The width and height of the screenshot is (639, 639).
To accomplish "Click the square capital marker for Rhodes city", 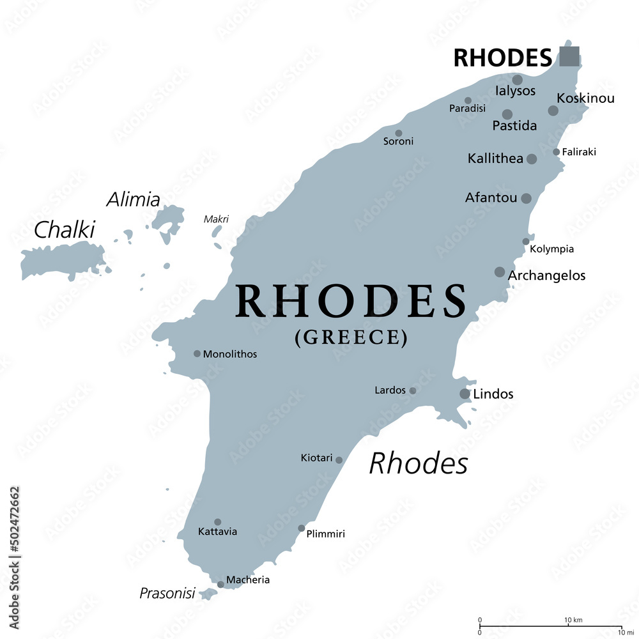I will pos(569,56).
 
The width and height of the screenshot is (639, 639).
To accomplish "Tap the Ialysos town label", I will pos(516,91).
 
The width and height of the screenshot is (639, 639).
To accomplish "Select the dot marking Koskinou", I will pos(553,111).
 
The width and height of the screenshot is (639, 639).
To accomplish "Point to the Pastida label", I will pos(514,126).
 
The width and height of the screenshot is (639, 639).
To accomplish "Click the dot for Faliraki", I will pos(557,152).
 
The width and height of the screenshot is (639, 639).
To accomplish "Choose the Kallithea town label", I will pos(495,158).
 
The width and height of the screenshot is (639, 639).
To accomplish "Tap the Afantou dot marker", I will pos(526,199).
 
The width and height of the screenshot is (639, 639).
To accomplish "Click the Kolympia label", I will pos(552,249).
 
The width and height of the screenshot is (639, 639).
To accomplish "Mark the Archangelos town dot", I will pos(500,272).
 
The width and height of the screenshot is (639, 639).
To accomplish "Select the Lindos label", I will pos(493,394).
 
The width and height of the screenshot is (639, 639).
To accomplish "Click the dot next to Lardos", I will pos(413,390).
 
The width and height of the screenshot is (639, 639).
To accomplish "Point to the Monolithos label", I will pos(230,354).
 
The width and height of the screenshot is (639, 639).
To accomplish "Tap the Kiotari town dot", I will pos(339,460).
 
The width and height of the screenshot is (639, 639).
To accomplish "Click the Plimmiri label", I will pos(325,534).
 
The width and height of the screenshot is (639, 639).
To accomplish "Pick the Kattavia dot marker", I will pos(217,522).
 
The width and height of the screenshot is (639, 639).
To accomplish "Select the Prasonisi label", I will pos(167,594).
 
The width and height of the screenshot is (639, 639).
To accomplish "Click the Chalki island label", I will pos(64,230).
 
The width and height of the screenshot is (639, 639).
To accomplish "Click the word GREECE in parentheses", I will pos(351,337).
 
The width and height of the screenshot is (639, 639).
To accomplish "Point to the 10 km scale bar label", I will pos(573,620).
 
